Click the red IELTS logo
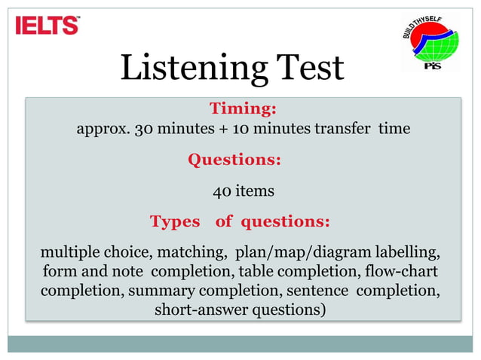point(47,26)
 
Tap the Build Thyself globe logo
point(430,43)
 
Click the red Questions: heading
point(234,160)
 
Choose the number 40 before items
point(222,191)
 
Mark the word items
point(255,191)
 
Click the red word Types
point(175,222)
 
